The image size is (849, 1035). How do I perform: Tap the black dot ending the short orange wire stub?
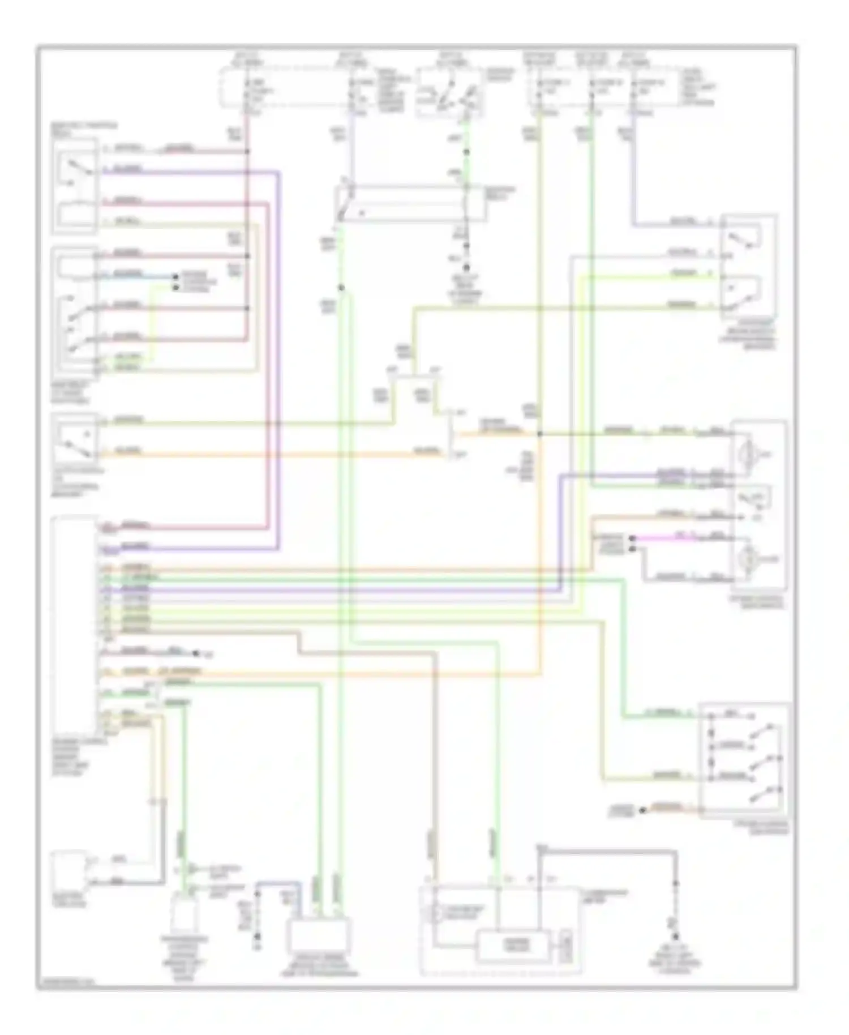[642, 810]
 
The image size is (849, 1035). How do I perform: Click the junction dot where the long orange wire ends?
[539, 434]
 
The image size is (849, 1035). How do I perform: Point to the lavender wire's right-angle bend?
[634, 225]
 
